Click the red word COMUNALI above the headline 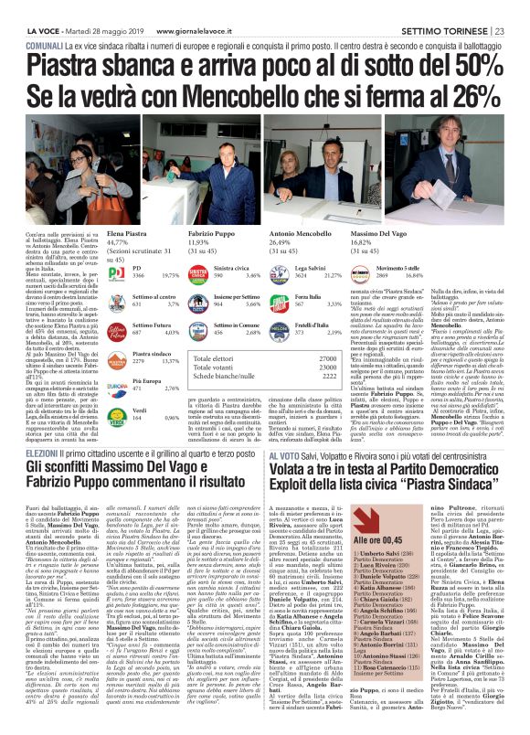tap(44, 44)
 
